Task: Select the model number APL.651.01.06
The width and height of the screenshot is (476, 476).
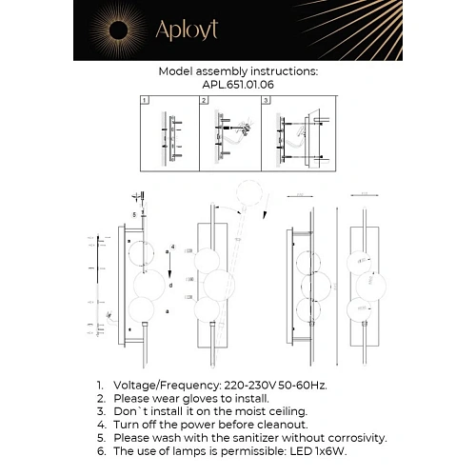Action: pyautogui.click(x=237, y=83)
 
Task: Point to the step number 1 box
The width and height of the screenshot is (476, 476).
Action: pyautogui.click(x=144, y=100)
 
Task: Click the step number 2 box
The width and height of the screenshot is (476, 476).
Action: pyautogui.click(x=205, y=100)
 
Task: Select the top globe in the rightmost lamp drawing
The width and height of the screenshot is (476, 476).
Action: pyautogui.click(x=362, y=260)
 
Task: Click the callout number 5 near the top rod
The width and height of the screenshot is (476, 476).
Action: pyautogui.click(x=135, y=215)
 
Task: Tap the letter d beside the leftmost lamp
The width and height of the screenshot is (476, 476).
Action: pyautogui.click(x=169, y=285)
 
